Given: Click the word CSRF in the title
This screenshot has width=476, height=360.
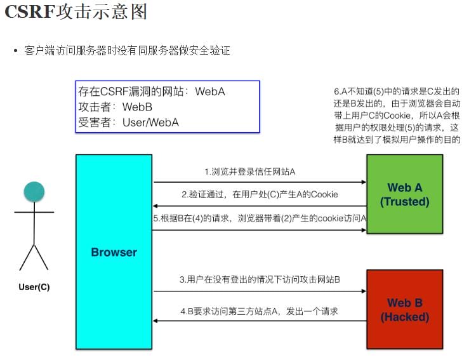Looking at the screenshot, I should point(29,13).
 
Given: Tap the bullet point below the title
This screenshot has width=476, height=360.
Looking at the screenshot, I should point(15,50).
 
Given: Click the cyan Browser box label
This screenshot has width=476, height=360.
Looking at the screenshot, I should point(114,252).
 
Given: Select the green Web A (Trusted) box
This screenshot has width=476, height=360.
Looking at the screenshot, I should point(404,194).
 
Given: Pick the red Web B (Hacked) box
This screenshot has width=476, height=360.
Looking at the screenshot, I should point(404,309).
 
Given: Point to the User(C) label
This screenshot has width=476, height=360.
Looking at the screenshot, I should point(34,287).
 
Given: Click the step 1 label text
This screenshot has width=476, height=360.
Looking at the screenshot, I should point(250,172).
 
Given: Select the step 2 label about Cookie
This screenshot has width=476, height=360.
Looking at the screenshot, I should point(259,194).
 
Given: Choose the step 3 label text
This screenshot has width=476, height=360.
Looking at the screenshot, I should point(260,279).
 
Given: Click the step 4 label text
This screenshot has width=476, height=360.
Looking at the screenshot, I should point(258,311).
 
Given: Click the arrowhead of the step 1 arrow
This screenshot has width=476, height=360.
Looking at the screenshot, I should point(364,183).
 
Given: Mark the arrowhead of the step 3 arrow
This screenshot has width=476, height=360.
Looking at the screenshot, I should point(364,291).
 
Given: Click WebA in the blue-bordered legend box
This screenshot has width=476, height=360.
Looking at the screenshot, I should point(210,91).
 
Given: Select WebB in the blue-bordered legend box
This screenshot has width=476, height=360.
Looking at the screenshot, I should point(137,107).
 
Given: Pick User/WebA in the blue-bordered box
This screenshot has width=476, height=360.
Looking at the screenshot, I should point(150,122).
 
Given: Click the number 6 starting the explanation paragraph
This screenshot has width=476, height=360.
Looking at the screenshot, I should point(336,91).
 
